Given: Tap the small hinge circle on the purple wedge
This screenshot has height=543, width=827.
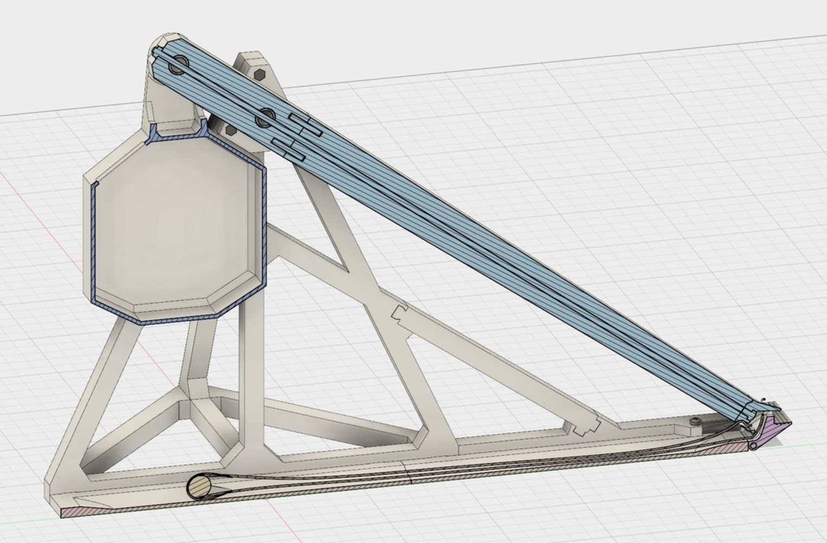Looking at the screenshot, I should point(753,445).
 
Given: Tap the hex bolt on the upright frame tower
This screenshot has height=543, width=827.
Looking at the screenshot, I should point(260,74).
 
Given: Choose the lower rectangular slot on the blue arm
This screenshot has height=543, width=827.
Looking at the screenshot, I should point(289,150).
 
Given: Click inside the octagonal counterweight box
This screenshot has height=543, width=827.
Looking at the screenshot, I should point(173,228).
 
